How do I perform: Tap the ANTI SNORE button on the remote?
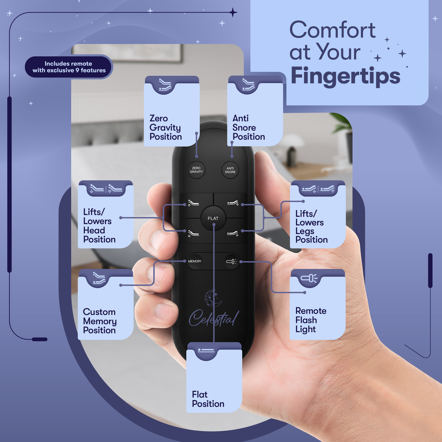pos(230,170)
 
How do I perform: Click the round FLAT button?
pos(213,218)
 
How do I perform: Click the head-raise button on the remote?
pos(194,203)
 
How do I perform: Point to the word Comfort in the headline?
pos(332,30)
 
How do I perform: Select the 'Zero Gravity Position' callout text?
pos(165,128)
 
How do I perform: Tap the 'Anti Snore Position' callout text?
pos(249,128)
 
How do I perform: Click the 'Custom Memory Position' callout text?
pos(100,321)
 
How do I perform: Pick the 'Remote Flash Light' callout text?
pos(311,320)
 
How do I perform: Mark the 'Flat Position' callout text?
pos(208,399)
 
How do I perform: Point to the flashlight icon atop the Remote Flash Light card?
pos(309,278)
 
